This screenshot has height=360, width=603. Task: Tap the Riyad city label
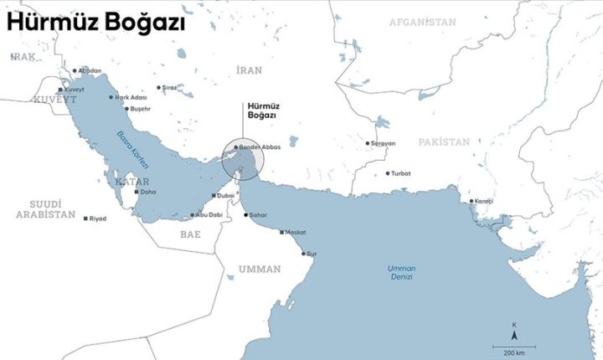coord(98,219)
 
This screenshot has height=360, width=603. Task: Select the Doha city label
coord(148,192)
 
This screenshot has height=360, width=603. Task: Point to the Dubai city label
coord(225,195)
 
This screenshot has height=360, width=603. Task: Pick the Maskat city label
coord(296,232)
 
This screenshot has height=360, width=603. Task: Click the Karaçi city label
coord(483,202)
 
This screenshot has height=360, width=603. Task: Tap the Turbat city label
coord(399,173)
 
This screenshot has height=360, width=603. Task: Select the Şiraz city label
coord(170,87)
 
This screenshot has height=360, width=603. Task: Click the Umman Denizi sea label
coord(401,271)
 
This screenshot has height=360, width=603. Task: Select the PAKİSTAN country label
coord(446,142)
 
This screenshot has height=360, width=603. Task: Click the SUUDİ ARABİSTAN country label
coord(45,209)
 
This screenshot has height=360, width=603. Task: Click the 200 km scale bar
coord(508,347)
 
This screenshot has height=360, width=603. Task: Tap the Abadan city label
coord(88,71)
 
